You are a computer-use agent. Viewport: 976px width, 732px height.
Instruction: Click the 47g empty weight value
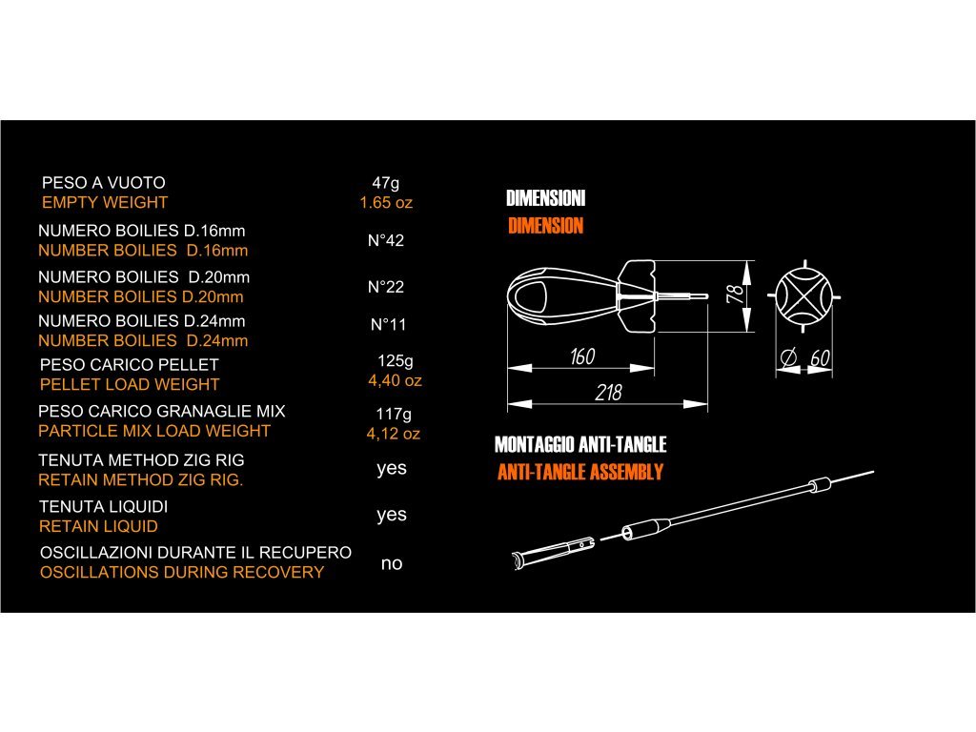coord(386,182)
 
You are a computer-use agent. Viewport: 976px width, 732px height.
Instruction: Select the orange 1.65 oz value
coord(386,203)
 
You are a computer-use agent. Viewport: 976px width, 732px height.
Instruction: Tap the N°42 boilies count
coord(386,240)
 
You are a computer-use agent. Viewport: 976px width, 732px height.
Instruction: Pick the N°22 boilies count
coord(386,287)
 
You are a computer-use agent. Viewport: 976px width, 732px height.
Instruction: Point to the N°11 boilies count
coord(388,325)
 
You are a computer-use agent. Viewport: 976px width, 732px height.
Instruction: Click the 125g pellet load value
coord(396,361)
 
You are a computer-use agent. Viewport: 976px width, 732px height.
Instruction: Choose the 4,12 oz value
coord(394,434)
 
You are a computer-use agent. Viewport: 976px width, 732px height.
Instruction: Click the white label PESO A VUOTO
coord(104,182)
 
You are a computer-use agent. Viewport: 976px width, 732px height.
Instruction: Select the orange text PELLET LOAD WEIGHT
coord(130,384)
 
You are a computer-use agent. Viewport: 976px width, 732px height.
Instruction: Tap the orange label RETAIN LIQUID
coord(98,526)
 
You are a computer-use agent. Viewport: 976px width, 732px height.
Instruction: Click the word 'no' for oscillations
coord(392,563)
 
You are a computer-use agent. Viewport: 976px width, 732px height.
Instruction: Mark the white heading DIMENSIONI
coord(545,199)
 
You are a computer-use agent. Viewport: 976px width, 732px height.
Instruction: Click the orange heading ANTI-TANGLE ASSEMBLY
coord(579,473)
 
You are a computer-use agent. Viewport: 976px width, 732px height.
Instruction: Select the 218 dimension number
coord(607,393)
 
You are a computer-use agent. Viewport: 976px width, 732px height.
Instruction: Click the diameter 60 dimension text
coord(807,359)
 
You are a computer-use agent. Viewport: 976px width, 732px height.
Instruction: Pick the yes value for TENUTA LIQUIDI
coord(392,515)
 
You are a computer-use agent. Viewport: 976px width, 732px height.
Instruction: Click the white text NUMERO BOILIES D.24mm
coord(141,320)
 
